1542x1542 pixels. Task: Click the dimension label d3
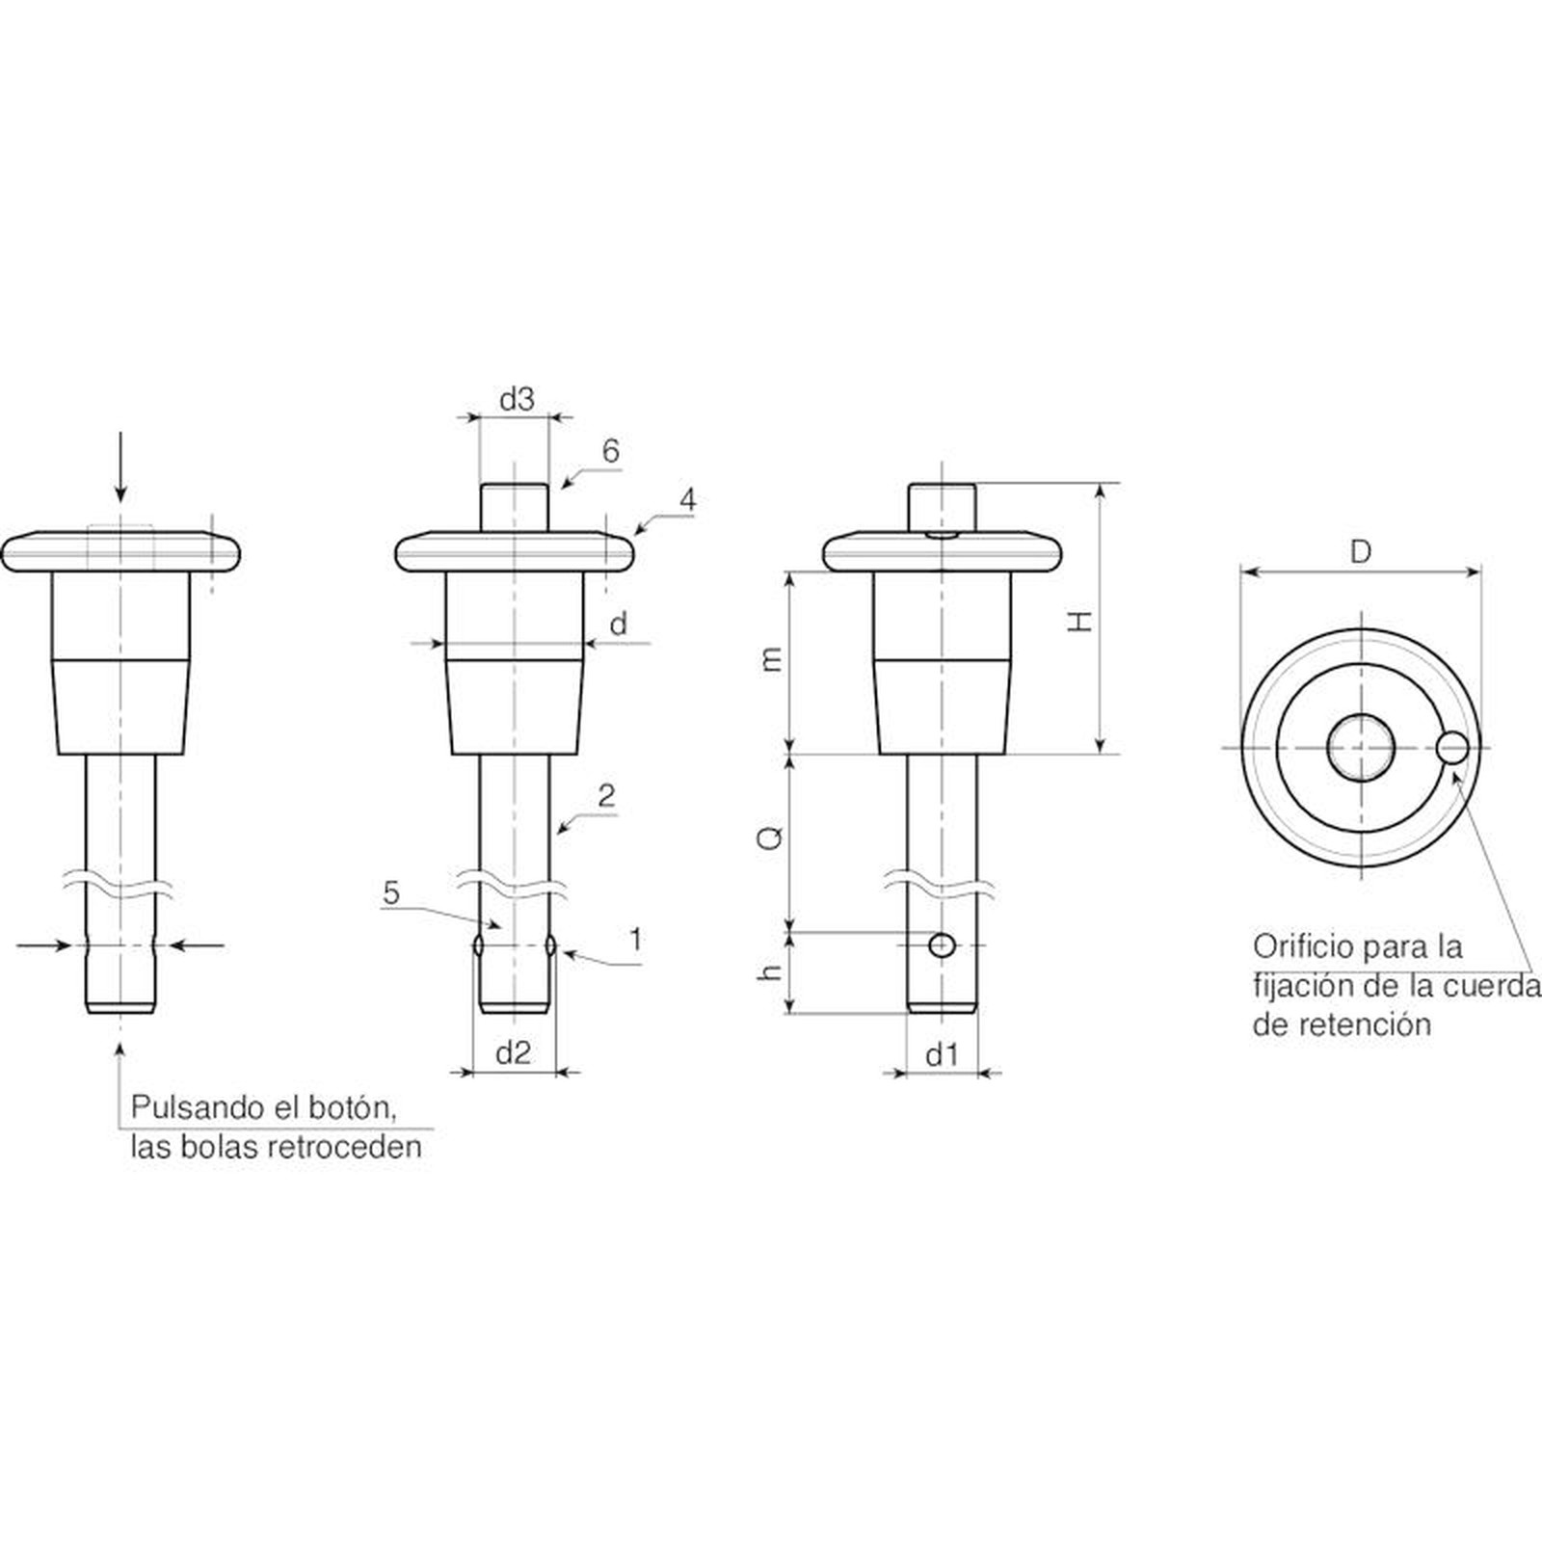(x=517, y=400)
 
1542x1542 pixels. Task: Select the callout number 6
(x=610, y=451)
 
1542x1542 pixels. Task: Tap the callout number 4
(x=687, y=499)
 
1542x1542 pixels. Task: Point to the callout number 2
(x=606, y=796)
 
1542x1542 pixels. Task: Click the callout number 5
(x=391, y=892)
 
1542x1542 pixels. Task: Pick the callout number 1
(x=636, y=939)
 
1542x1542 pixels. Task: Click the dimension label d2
(x=514, y=1053)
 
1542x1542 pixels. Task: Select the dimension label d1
(x=942, y=1055)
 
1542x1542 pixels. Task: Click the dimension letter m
(x=771, y=659)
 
